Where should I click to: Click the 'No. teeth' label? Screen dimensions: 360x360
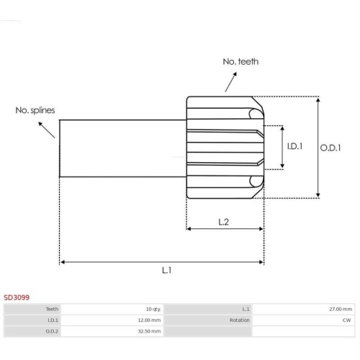(x=240, y=62)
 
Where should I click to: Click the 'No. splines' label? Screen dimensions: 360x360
(x=35, y=110)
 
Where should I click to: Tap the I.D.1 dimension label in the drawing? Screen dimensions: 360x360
(x=294, y=146)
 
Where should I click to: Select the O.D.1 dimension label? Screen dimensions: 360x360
(x=330, y=148)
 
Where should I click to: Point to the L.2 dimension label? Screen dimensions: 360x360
(x=223, y=222)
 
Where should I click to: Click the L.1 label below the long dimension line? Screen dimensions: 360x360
(x=166, y=271)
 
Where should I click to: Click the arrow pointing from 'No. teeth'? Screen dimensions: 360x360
(x=231, y=82)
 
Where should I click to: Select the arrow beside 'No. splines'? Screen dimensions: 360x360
(x=47, y=130)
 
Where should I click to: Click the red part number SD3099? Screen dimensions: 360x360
(x=17, y=297)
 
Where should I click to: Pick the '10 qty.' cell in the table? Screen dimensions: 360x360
(x=153, y=309)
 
